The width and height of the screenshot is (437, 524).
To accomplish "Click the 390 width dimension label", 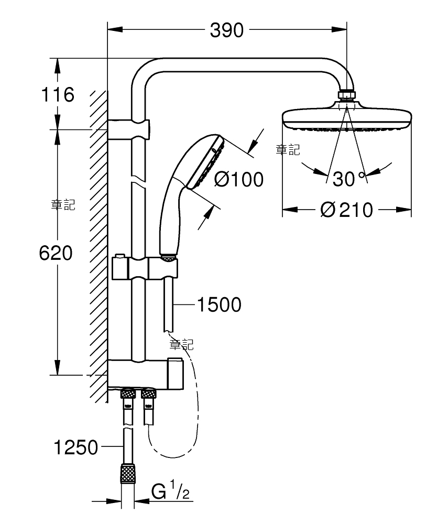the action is [x=226, y=30].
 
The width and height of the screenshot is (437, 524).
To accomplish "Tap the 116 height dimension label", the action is [x=58, y=94].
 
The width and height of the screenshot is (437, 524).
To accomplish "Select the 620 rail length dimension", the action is [x=56, y=253].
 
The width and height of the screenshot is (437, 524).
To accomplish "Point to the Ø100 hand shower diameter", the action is [x=238, y=179].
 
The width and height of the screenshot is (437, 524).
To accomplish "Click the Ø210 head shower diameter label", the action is [x=346, y=210].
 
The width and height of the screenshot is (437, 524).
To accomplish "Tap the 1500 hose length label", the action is [x=219, y=304].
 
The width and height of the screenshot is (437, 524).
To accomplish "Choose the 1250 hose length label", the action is [x=76, y=447].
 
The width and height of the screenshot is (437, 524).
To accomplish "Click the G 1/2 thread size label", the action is [x=170, y=490].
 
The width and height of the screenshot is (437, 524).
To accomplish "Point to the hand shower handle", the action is [x=171, y=221].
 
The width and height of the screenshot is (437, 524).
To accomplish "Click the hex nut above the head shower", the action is [x=347, y=95].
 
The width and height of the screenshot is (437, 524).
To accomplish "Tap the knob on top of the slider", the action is [x=119, y=257].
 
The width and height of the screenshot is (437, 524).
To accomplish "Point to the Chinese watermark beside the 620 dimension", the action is [x=63, y=204].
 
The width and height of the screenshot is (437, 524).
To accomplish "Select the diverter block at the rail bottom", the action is [x=145, y=374].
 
